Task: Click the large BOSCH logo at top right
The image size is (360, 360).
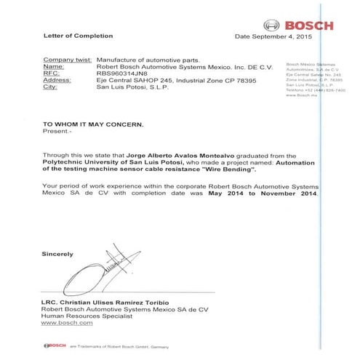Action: click(300, 25)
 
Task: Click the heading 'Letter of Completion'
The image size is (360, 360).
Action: click(72, 36)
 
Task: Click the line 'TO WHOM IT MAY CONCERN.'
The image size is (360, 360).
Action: click(87, 124)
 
